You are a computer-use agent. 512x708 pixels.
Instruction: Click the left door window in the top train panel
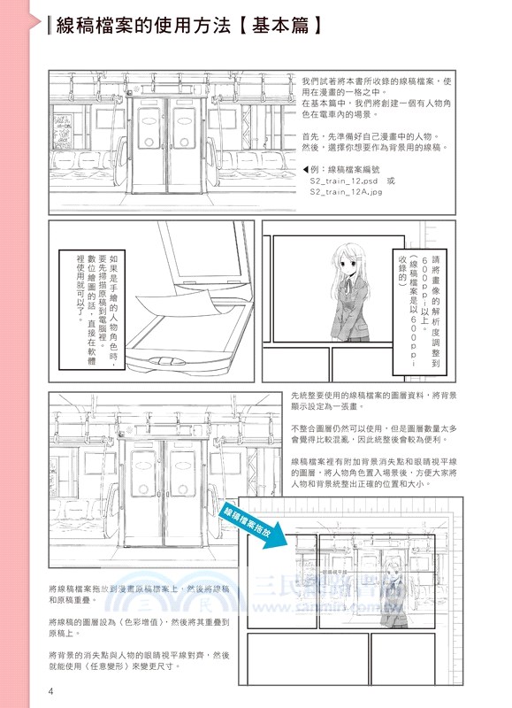(x=146, y=123)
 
